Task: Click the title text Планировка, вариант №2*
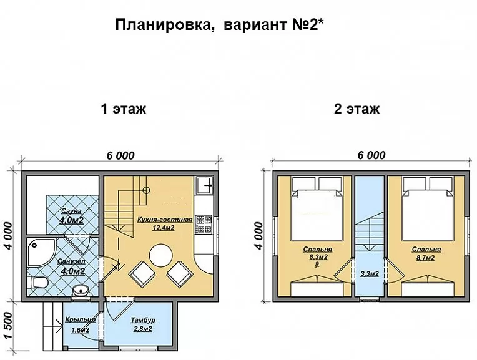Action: pos(219,25)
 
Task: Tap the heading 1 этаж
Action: pos(123,109)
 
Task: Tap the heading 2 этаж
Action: pos(357,109)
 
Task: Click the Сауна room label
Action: pos(71,211)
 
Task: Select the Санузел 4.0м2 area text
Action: pos(72,266)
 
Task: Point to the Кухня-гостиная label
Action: pos(165,220)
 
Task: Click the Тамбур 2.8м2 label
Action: pos(143,324)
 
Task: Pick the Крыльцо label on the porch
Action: pos(80,319)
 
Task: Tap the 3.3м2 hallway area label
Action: pos(370,274)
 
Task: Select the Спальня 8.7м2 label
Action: pos(426,253)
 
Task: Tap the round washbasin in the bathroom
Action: pos(81,290)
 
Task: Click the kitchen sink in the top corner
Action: pos(205,185)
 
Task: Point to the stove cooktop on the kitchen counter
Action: pos(204,225)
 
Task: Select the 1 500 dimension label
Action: pos(8,325)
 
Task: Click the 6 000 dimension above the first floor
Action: pos(120,156)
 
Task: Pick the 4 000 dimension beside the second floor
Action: pos(258,236)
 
